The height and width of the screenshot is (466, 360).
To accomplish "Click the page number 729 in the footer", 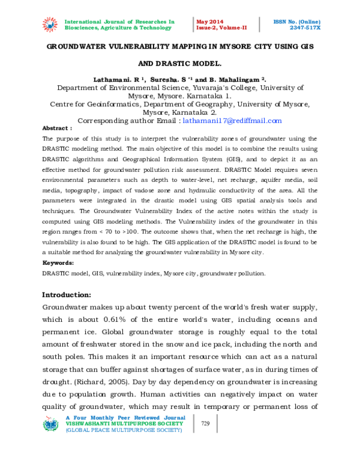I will coord(205,424).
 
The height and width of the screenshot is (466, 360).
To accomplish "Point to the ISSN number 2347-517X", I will coord(304,28).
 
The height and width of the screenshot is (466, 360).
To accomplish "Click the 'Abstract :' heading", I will coord(57,129).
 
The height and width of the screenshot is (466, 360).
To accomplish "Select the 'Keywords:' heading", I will coord(58,263).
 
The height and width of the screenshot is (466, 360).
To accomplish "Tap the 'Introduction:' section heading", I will coord(66,295).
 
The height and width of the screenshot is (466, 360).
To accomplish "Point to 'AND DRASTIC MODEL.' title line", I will coord(180,63).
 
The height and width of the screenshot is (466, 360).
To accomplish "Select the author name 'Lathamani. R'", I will coord(116,79).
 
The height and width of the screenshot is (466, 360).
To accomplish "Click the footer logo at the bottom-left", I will coord(50,424).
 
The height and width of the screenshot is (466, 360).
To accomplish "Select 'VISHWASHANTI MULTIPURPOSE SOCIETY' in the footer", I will coord(116,423).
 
